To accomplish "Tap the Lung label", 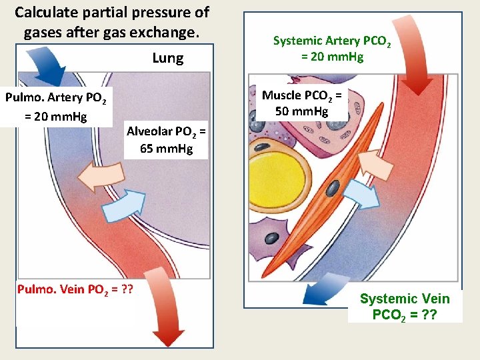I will [167, 58].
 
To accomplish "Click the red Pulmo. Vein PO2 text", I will [74, 289].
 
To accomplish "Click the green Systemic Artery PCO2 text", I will [332, 48].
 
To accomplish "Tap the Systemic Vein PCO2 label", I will [405, 306].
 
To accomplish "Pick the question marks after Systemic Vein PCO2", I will [425, 314].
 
